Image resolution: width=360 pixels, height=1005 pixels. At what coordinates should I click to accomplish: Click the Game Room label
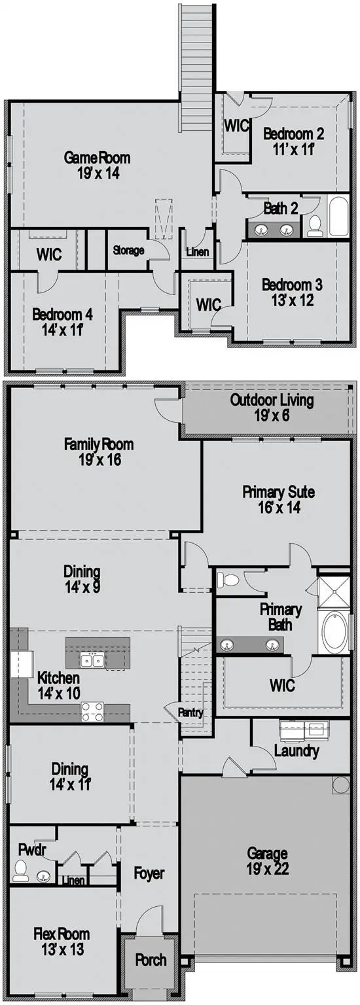[x=97, y=158]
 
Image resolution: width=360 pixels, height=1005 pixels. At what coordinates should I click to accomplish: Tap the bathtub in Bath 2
[x=339, y=216]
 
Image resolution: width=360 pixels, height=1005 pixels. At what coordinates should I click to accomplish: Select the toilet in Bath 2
[x=315, y=224]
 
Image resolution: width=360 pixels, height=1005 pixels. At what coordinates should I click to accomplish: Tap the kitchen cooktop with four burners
[x=92, y=711]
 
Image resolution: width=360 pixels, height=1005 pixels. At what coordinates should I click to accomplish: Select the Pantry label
[x=190, y=713]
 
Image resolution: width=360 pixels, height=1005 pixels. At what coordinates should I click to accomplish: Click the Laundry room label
[x=297, y=750]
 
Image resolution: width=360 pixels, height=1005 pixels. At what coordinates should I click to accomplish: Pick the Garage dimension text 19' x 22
[x=267, y=870]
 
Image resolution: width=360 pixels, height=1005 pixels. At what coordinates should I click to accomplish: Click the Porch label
[x=151, y=961]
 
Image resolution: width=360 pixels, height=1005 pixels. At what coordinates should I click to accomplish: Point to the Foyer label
[x=149, y=873]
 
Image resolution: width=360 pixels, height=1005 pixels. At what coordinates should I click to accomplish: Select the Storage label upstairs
[x=128, y=250]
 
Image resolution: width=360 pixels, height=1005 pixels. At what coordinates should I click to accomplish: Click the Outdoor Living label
[x=272, y=400]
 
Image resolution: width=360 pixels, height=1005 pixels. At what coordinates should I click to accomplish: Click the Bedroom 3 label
[x=292, y=285]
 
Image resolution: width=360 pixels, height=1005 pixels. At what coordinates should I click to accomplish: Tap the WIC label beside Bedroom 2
[x=236, y=126]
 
